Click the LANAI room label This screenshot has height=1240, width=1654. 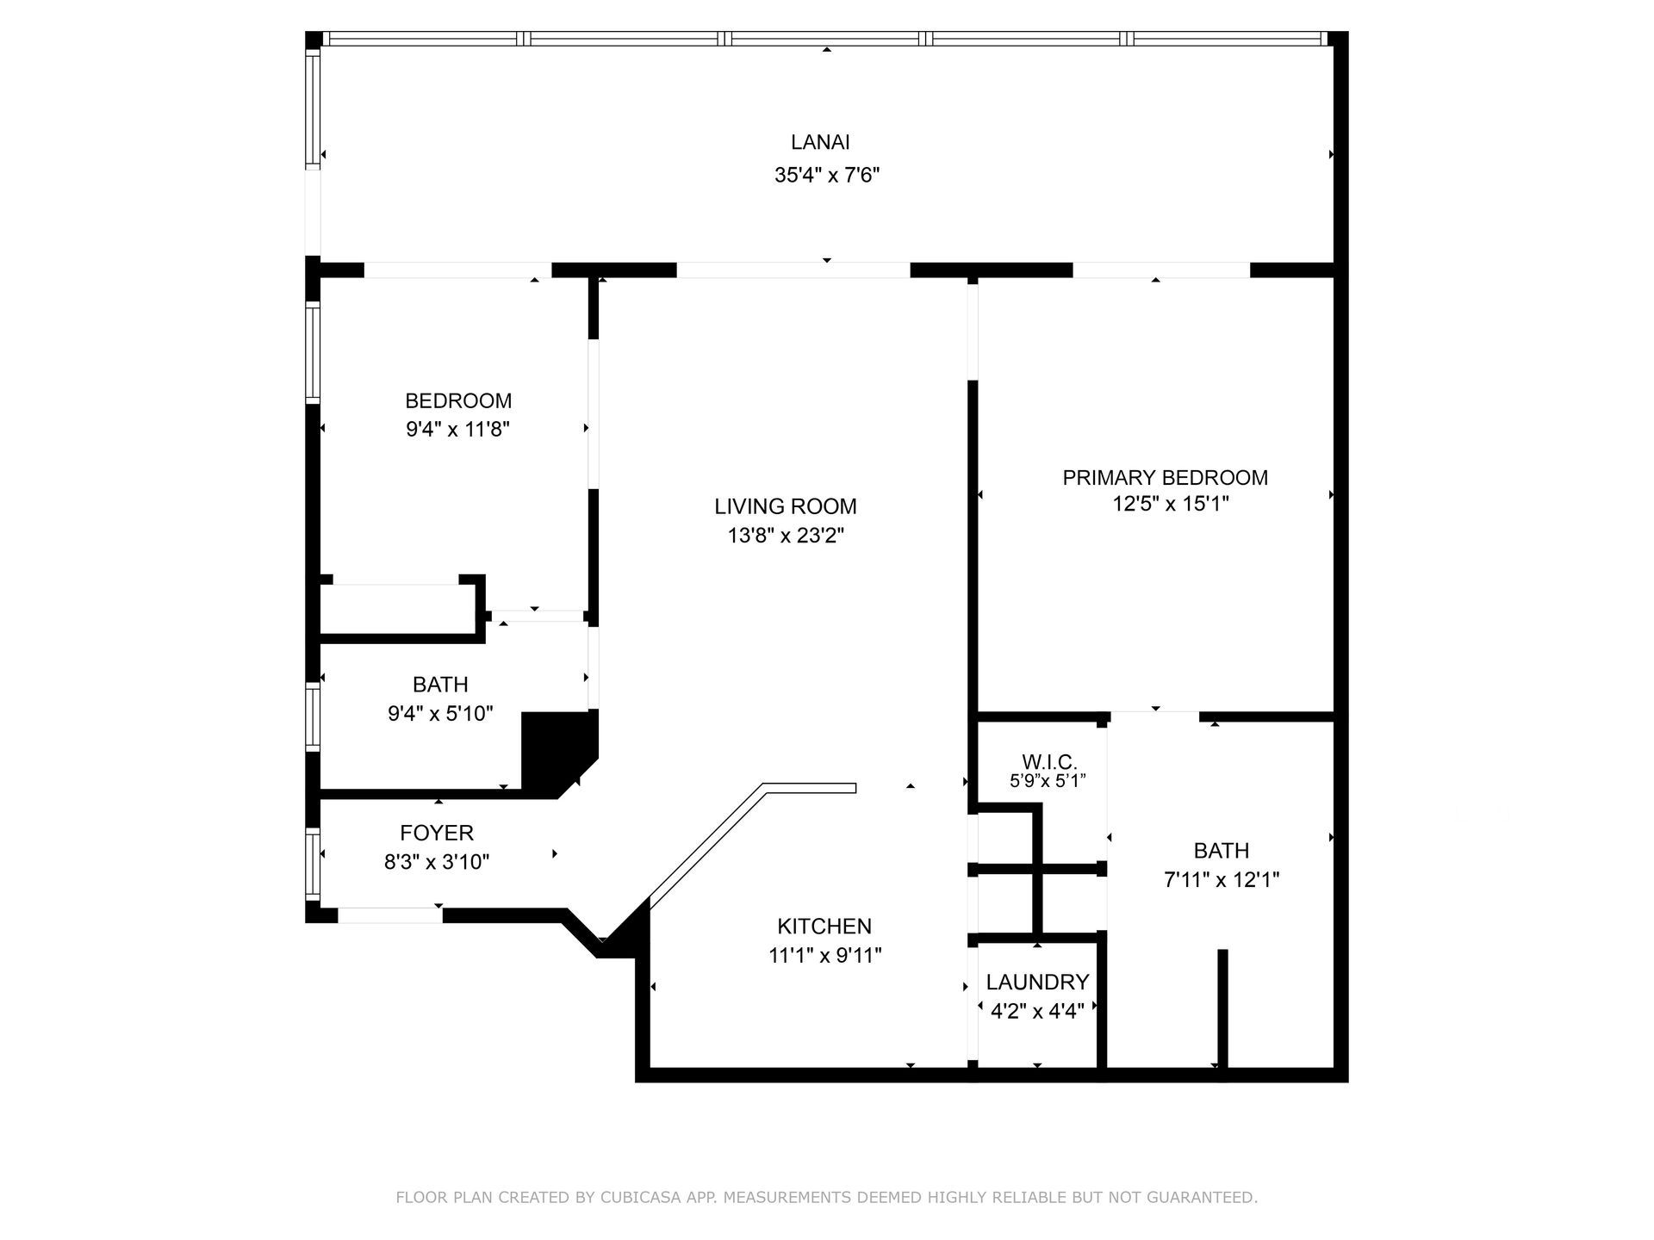coord(820,142)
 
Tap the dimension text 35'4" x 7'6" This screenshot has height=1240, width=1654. coord(826,176)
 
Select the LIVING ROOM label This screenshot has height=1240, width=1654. coord(785,506)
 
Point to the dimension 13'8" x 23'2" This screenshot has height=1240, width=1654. coord(785,536)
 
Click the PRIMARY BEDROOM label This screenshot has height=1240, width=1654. coord(1165,478)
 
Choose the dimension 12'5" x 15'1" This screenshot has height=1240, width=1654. coord(1170,504)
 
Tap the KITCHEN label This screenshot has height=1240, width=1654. coord(824,927)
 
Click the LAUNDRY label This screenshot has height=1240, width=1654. coord(1037,983)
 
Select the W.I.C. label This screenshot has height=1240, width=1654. coord(1049,762)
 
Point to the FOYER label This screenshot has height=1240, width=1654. coord(437,834)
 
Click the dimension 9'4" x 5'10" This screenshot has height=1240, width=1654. coord(440,714)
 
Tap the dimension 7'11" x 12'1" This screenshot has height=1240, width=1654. coord(1221,880)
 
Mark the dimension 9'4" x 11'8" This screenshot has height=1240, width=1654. coord(457,430)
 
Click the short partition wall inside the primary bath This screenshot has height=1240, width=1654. coord(1222,1008)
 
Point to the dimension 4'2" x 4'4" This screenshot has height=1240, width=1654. coord(1037,1011)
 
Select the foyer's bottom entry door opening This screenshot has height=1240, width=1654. coord(389,915)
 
